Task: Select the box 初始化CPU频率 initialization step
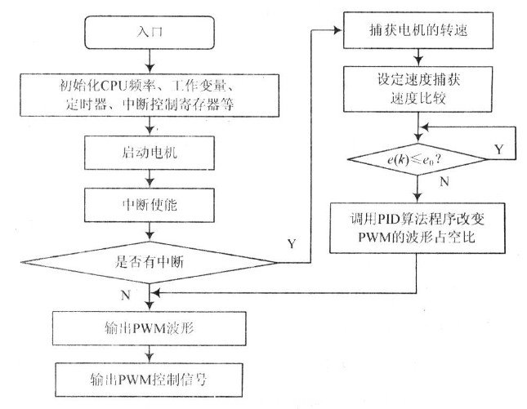(x=147, y=94)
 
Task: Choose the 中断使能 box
(x=147, y=202)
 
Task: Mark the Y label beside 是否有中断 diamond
(x=292, y=242)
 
